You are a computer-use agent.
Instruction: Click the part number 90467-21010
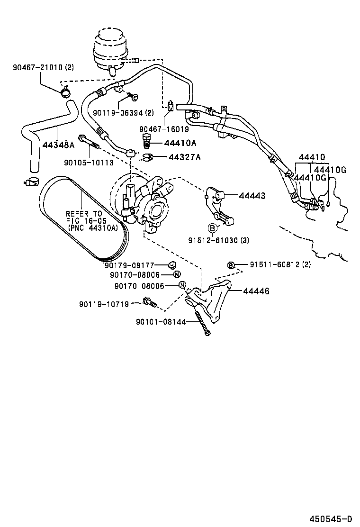(37, 67)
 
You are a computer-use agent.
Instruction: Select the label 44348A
(58, 145)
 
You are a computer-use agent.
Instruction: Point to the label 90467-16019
(164, 128)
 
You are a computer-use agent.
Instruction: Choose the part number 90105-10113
(88, 162)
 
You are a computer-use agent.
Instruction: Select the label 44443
(252, 195)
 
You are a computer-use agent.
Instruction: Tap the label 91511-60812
(273, 264)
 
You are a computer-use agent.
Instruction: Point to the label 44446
(256, 291)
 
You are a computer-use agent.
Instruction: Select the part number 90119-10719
(104, 304)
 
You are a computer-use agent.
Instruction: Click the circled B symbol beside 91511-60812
(231, 265)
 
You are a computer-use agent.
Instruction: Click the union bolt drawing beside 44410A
(147, 142)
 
